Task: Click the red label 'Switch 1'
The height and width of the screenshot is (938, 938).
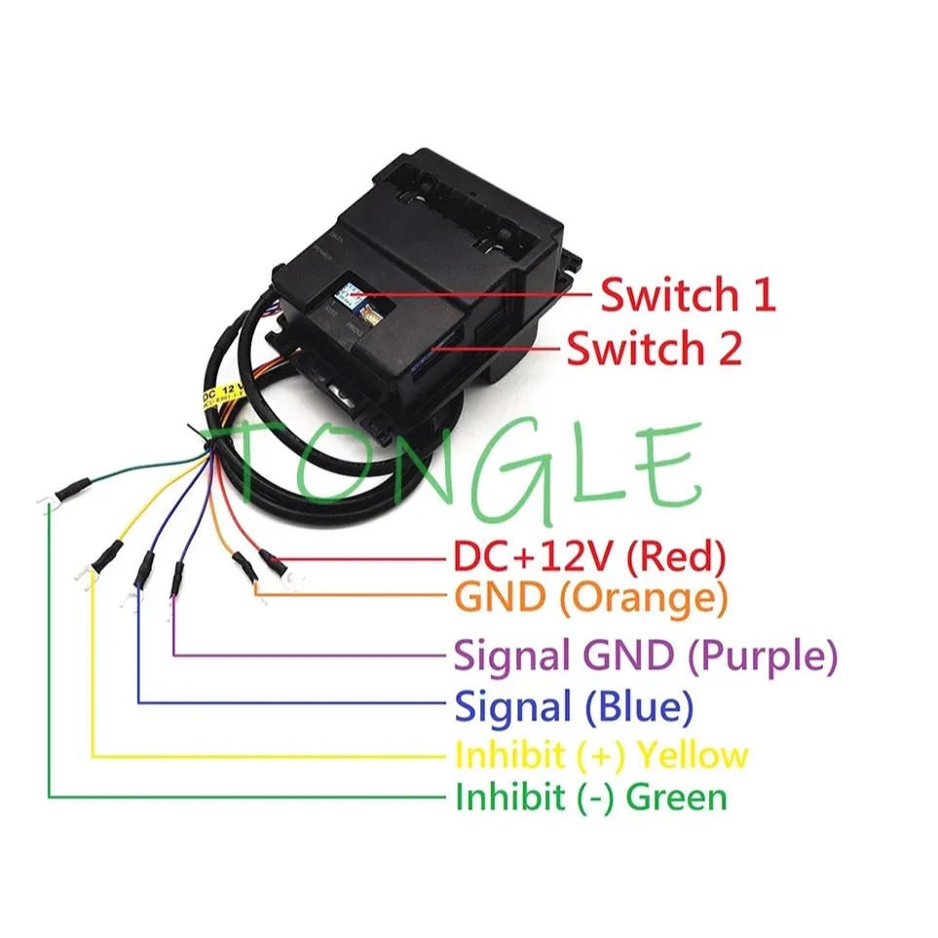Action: [687, 294]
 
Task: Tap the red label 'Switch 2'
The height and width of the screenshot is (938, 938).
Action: [654, 348]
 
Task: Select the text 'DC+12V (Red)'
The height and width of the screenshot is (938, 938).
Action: [590, 557]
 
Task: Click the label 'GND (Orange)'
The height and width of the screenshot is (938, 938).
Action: [591, 597]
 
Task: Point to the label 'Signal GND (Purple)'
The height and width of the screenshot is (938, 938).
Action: [646, 657]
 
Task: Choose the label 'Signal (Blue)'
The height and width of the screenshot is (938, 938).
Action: [574, 706]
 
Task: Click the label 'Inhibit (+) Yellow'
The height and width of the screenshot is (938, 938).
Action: [601, 755]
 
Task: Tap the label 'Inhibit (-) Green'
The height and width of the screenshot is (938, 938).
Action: [590, 798]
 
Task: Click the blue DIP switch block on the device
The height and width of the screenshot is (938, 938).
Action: [347, 290]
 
